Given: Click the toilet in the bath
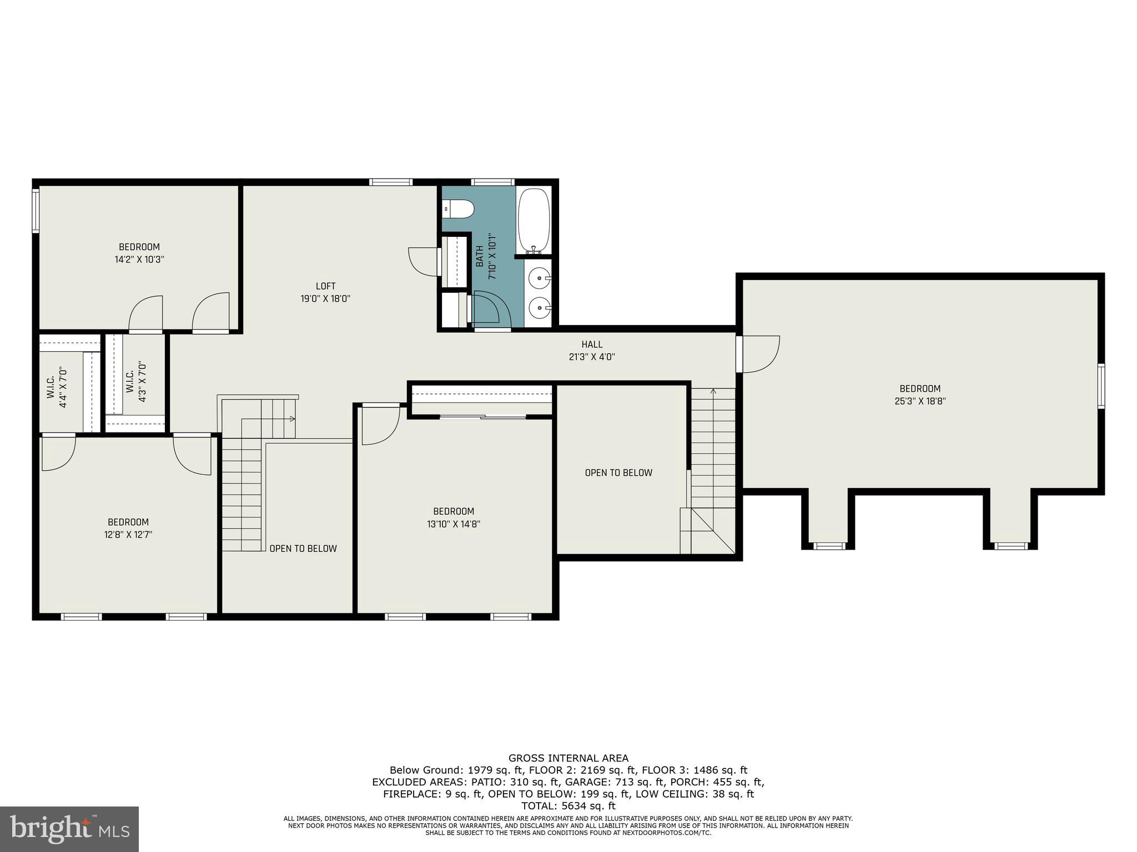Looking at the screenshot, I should click(x=459, y=210).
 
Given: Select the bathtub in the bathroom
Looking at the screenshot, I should click(x=534, y=220).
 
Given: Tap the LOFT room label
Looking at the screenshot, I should click(x=325, y=286).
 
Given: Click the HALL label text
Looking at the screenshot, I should click(x=592, y=344).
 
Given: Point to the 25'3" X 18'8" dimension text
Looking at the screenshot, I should click(x=920, y=401).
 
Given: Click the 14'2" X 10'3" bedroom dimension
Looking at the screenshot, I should click(x=139, y=259).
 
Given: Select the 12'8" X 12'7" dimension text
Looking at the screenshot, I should click(x=128, y=535).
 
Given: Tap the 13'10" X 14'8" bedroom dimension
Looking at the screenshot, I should click(x=454, y=524).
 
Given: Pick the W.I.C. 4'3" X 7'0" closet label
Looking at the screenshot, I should click(x=136, y=382).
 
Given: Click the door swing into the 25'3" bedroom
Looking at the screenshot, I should click(x=761, y=354).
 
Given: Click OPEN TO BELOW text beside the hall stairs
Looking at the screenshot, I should click(x=618, y=473).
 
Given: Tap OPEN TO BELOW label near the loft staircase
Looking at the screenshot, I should click(x=303, y=549).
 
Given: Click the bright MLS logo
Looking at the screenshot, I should click(x=69, y=829).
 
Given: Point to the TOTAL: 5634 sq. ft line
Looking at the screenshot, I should click(x=568, y=806).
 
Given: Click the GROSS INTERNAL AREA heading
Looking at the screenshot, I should click(x=568, y=758).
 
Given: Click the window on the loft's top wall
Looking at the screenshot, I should click(x=391, y=182).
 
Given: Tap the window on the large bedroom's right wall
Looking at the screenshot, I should click(x=1101, y=386).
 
